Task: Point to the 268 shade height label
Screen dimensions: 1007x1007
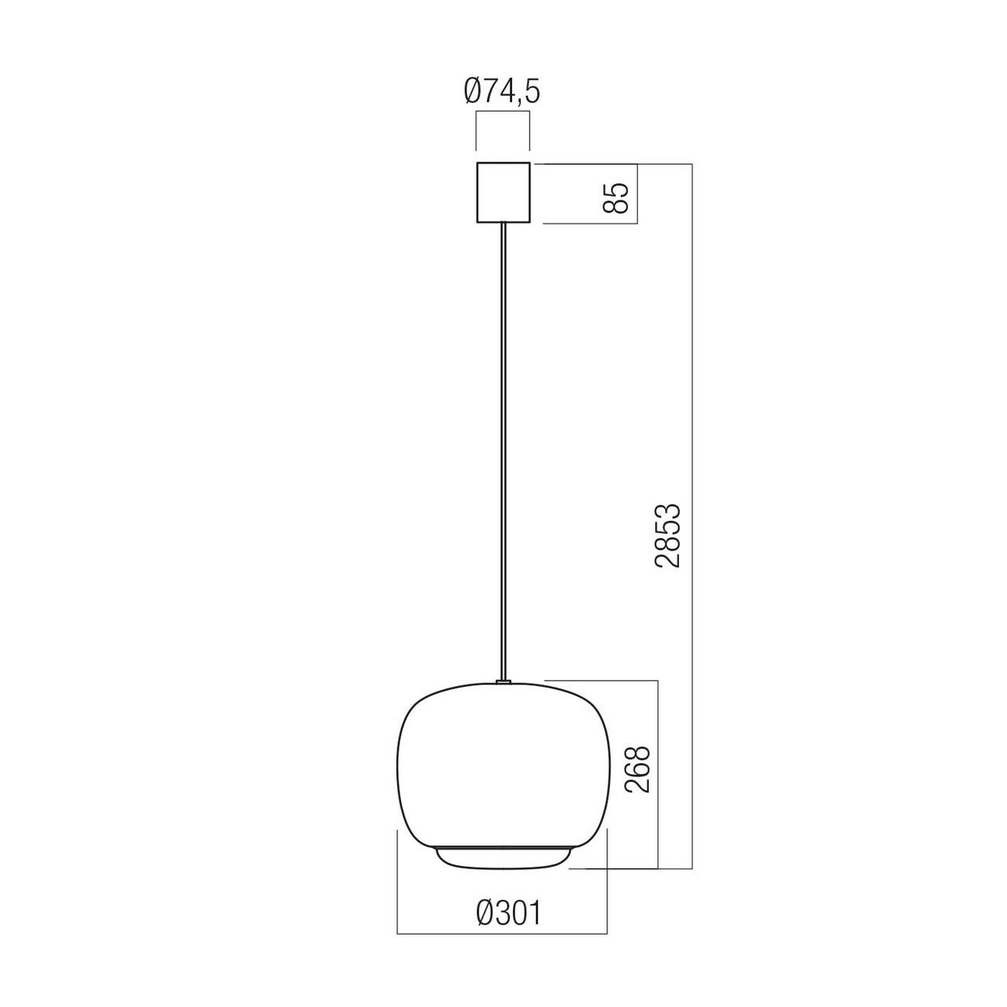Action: pos(637,776)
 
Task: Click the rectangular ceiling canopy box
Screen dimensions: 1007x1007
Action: pos(503,192)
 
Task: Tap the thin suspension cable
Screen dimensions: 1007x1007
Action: pos(503,452)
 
